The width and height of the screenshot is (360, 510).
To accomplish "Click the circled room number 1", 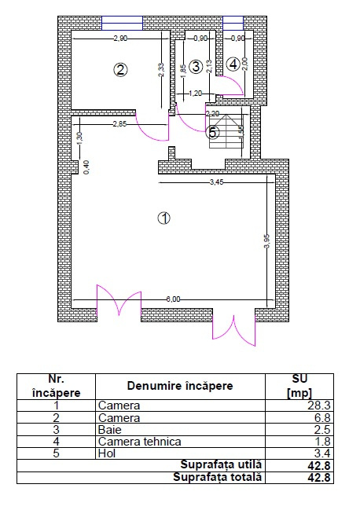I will point(163,218).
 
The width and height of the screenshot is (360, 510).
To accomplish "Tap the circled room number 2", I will point(120,70).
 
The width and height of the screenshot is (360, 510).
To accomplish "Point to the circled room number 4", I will point(232,64).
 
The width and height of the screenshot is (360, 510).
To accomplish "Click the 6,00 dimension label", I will point(174,299).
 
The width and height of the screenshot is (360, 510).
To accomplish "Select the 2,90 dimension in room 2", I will point(119,38).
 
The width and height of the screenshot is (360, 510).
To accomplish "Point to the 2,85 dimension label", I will point(119,124).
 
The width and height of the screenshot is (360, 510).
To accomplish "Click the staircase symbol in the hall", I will point(233,130).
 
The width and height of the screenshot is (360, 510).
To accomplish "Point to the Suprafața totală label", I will point(222,476).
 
